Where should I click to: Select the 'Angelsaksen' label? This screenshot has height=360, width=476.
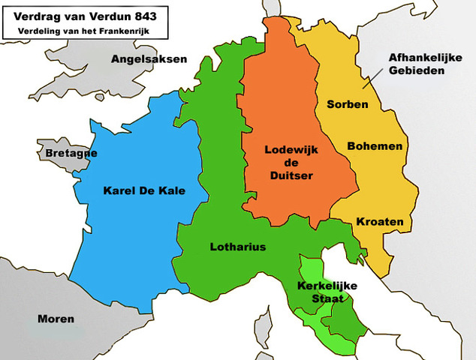point(149,58)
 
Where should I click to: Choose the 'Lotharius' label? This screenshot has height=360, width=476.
point(237,247)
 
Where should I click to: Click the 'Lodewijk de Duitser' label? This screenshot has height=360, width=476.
point(291,162)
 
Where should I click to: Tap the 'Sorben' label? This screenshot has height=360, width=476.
point(347,104)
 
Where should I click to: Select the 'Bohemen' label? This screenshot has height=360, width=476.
point(375,146)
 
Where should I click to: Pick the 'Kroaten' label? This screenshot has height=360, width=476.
point(379,222)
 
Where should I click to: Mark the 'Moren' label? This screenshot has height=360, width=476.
point(56,319)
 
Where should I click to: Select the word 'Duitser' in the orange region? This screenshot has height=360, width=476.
point(291,175)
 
